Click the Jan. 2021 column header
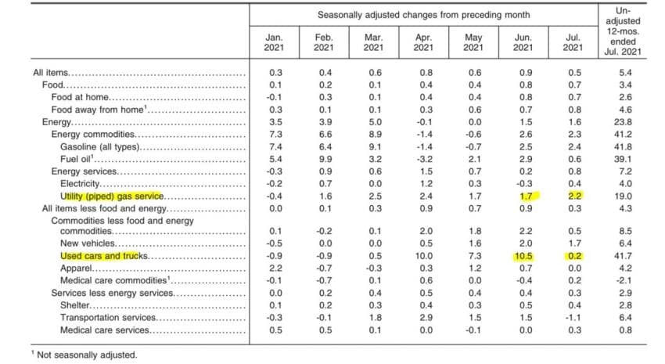tap(274, 42)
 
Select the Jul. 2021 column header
tap(573, 42)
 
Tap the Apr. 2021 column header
tap(423, 42)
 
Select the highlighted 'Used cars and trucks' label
tap(104, 256)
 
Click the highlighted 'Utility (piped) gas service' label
tap(112, 196)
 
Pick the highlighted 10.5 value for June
tap(524, 256)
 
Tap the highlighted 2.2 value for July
tap(574, 196)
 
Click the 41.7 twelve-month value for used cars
tap(623, 256)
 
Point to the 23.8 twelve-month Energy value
tap(623, 122)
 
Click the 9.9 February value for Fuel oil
tap(325, 159)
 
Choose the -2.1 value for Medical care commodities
tap(624, 280)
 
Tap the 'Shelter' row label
tap(74, 305)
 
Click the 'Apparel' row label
tap(76, 268)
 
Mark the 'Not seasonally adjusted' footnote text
tap(87, 355)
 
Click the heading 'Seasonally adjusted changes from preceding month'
tap(424, 16)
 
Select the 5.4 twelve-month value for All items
tap(625, 73)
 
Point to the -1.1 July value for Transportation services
tap(573, 318)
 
